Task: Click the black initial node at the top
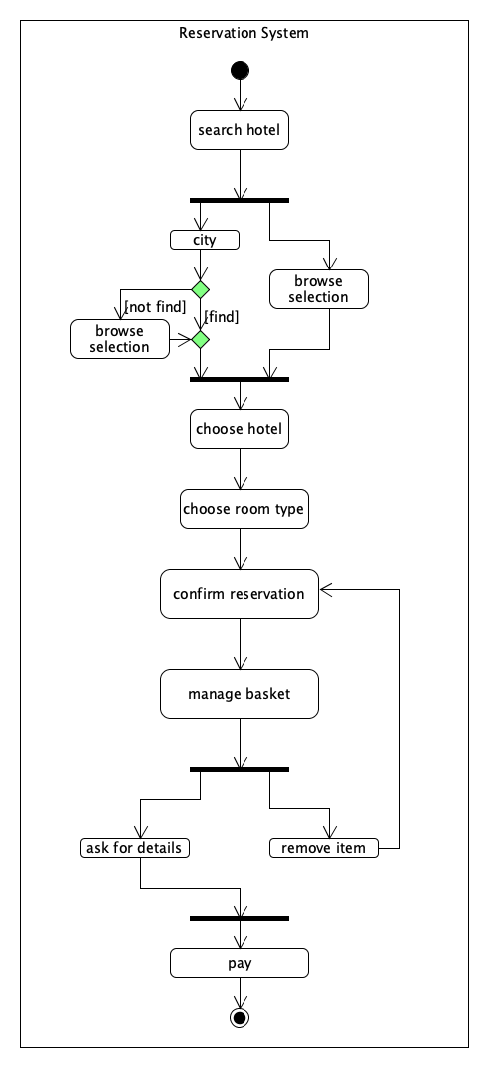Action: [x=240, y=70]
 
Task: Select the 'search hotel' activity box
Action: [x=240, y=130]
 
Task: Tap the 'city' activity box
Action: [x=205, y=240]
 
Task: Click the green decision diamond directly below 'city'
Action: [x=200, y=290]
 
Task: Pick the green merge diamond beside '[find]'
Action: [x=200, y=339]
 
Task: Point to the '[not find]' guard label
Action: [x=154, y=307]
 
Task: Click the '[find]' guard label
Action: [x=222, y=316]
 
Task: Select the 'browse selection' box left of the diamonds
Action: [x=119, y=339]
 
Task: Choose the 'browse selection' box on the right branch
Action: [x=318, y=289]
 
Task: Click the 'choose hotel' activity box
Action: [x=240, y=429]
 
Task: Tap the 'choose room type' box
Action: [x=244, y=509]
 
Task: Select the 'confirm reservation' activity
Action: [x=240, y=594]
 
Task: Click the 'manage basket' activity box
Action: [x=240, y=694]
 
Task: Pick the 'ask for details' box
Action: [x=134, y=848]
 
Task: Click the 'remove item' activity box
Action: [x=324, y=848]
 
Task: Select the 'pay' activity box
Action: [x=240, y=963]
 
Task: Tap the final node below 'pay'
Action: [x=240, y=1018]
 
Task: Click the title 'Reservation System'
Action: [x=244, y=33]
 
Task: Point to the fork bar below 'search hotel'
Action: [x=240, y=201]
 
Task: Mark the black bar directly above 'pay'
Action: [x=240, y=919]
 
